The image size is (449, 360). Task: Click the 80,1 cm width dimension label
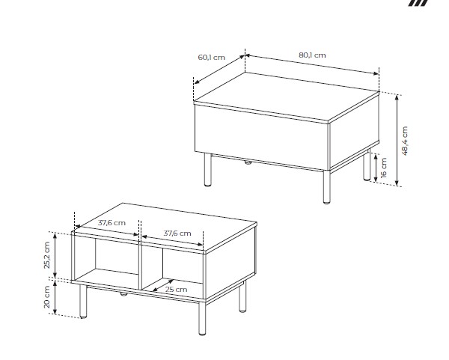pos(312,55)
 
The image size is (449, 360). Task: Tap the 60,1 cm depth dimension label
pos(211,58)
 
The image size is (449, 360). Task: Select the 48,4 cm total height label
pos(405,141)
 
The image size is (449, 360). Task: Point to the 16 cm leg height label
pos(384,168)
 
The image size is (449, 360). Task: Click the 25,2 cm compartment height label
pos(46,255)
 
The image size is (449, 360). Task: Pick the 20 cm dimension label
pos(46,297)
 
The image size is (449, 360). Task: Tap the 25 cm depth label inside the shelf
pos(176,289)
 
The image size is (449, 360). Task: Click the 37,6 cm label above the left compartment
pos(112,223)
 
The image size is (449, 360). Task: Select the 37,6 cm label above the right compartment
pos(177,233)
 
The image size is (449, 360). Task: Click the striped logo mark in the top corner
pos(418,3)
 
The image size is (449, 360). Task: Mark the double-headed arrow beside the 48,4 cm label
pos(397,141)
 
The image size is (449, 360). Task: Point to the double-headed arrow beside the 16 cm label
pos(376,168)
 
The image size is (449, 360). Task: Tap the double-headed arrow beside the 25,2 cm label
pos(55,255)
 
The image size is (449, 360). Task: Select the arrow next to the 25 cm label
pos(162,286)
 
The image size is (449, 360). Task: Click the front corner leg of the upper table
pos(327,187)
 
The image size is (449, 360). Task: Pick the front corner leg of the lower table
pos(202,318)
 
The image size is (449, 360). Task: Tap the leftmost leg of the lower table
pos(83,302)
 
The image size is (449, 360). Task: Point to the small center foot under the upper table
pos(248,162)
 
